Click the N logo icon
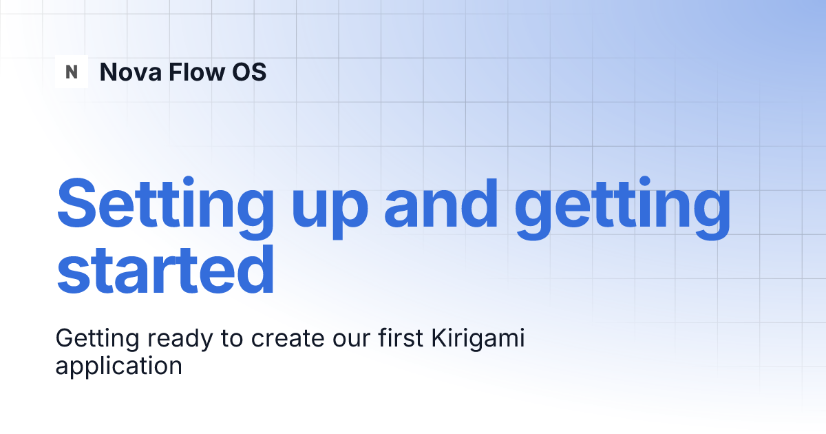(72, 72)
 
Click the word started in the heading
(165, 270)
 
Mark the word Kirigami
(478, 340)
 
